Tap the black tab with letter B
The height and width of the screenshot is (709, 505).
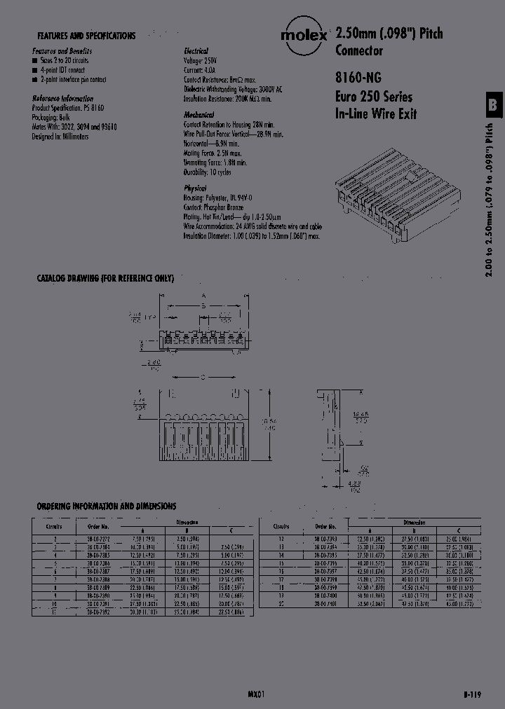(493, 104)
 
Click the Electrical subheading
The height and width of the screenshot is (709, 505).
(196, 51)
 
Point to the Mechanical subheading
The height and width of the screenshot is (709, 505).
(198, 114)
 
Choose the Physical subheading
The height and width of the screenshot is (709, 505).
(195, 188)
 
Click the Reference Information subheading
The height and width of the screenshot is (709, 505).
(62, 99)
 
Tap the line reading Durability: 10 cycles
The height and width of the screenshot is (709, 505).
(205, 172)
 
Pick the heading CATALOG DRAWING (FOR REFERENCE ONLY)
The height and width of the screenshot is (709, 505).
(105, 278)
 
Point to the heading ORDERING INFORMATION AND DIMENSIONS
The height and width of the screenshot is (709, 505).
(106, 506)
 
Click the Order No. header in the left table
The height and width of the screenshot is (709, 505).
(98, 526)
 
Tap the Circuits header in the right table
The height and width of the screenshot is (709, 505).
(281, 526)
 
